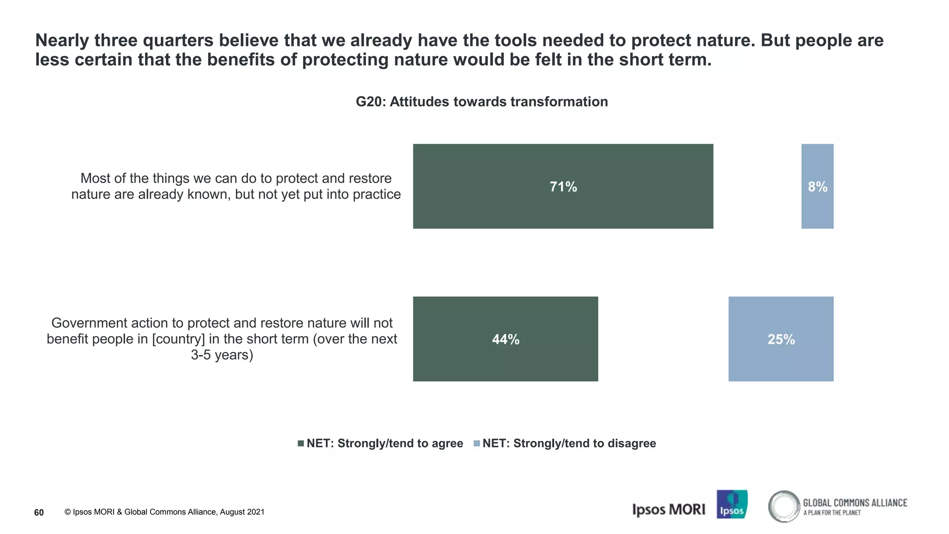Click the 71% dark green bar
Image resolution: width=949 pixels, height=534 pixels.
pos(563,186)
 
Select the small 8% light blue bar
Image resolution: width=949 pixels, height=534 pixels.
pos(817,186)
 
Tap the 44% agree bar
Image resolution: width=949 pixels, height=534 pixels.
pos(505,339)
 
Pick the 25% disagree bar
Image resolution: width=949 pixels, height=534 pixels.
pos(781,339)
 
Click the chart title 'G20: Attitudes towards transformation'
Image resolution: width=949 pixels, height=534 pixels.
pos(481,102)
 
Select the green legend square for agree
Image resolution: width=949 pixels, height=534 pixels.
pos(301,444)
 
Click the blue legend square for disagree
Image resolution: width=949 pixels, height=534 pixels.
pos(477,444)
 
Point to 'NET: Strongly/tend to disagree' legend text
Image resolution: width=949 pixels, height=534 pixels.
pos(569,443)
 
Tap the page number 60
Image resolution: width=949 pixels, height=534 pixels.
pos(39,512)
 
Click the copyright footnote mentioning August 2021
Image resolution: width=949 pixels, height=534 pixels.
pos(164,512)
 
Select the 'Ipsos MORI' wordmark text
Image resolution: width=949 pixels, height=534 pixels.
pos(668,509)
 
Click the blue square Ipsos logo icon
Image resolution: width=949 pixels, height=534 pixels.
pos(732,504)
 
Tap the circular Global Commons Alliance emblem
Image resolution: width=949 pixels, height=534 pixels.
pos(784,506)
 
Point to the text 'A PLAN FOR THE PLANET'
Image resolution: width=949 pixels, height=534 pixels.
pos(832,513)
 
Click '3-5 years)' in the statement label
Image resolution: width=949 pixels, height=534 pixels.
pos(222,355)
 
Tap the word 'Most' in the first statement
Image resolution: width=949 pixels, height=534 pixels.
pos(95,178)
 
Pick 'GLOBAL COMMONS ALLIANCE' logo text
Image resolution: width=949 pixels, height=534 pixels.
pos(855,503)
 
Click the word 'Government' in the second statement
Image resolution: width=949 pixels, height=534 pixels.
pos(88,323)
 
